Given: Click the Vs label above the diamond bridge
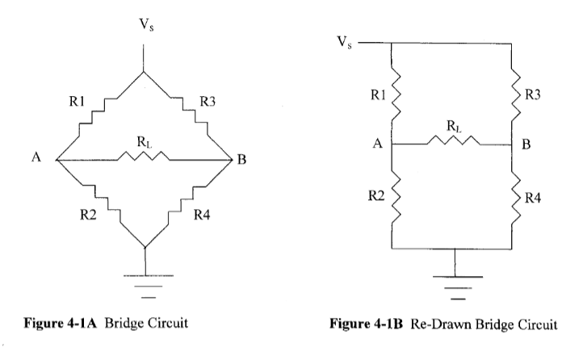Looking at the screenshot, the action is (x=147, y=25).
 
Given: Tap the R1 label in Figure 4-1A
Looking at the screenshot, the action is (x=77, y=102).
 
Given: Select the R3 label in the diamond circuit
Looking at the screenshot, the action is (x=208, y=102).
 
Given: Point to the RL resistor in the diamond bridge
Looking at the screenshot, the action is (x=144, y=156).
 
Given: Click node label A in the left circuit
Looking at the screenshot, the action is (x=36, y=157).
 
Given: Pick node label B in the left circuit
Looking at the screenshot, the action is (x=241, y=159).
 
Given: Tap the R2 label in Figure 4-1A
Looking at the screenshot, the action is (x=88, y=215).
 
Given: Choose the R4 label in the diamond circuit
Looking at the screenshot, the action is (x=202, y=215).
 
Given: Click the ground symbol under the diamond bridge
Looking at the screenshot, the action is (x=148, y=286).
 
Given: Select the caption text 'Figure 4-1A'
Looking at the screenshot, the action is (x=61, y=323).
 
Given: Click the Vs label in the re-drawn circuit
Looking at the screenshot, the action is (x=345, y=42).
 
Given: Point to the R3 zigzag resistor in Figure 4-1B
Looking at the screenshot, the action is (x=515, y=94).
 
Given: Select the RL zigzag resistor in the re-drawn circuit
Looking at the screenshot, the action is (x=454, y=140).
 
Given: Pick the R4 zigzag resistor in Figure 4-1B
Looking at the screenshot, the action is (x=515, y=198).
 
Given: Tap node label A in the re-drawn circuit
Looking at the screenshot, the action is (x=377, y=144).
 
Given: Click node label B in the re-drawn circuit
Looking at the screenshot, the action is (x=526, y=144).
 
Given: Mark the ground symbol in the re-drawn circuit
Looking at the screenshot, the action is (x=458, y=287).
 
